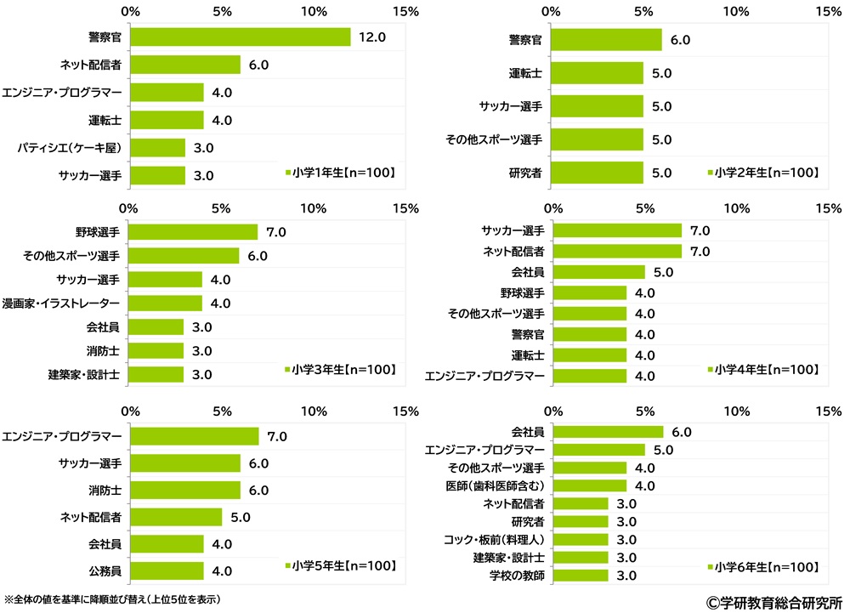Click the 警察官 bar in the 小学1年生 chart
click(x=240, y=37)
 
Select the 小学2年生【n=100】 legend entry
click(x=764, y=173)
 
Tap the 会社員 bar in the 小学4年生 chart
click(x=599, y=272)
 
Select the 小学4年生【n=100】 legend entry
click(x=764, y=370)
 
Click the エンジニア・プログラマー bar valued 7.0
click(x=194, y=436)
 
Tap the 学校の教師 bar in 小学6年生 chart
click(x=581, y=576)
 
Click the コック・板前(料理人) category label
click(x=494, y=540)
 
